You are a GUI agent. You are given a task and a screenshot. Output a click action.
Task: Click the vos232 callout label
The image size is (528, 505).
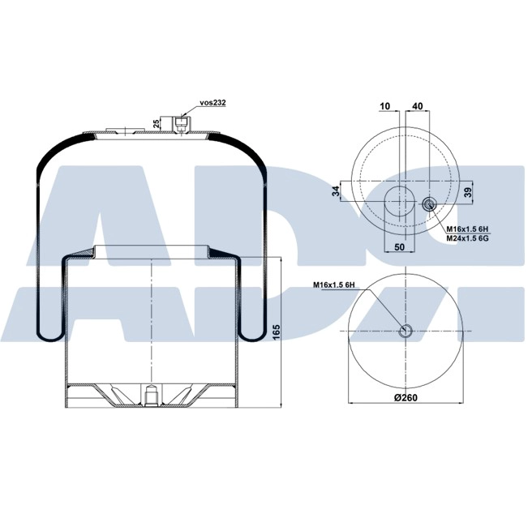click(x=212, y=105)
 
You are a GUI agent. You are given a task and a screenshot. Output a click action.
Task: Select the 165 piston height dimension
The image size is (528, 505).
click(x=276, y=331)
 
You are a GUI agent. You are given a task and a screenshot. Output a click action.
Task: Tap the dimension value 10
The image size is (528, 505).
click(x=384, y=106)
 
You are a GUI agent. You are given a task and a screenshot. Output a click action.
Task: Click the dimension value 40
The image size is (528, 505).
click(x=418, y=106)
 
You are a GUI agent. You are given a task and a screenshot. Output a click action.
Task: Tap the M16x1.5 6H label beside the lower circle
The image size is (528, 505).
click(x=335, y=285)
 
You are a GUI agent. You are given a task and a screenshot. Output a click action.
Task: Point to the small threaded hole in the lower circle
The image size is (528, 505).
click(x=406, y=331)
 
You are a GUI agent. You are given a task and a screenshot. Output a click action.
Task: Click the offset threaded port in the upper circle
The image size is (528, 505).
click(x=429, y=204)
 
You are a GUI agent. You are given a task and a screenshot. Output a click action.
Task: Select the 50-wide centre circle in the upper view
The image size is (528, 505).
click(x=401, y=200)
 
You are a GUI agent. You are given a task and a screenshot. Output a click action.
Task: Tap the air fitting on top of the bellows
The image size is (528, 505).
click(x=181, y=122)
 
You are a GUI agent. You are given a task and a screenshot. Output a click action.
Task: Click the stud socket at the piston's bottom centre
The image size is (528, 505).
click(x=152, y=397)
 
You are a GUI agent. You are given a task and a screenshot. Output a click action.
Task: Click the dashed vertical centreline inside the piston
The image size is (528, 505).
click(x=152, y=324)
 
